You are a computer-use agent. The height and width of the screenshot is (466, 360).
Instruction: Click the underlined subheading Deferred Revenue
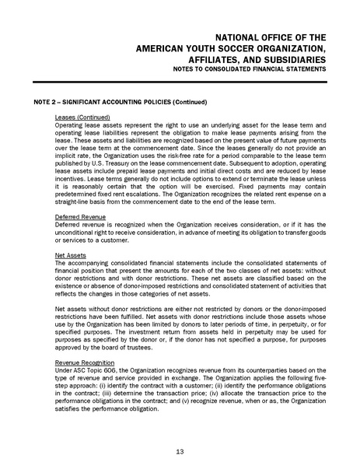click(81, 215)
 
